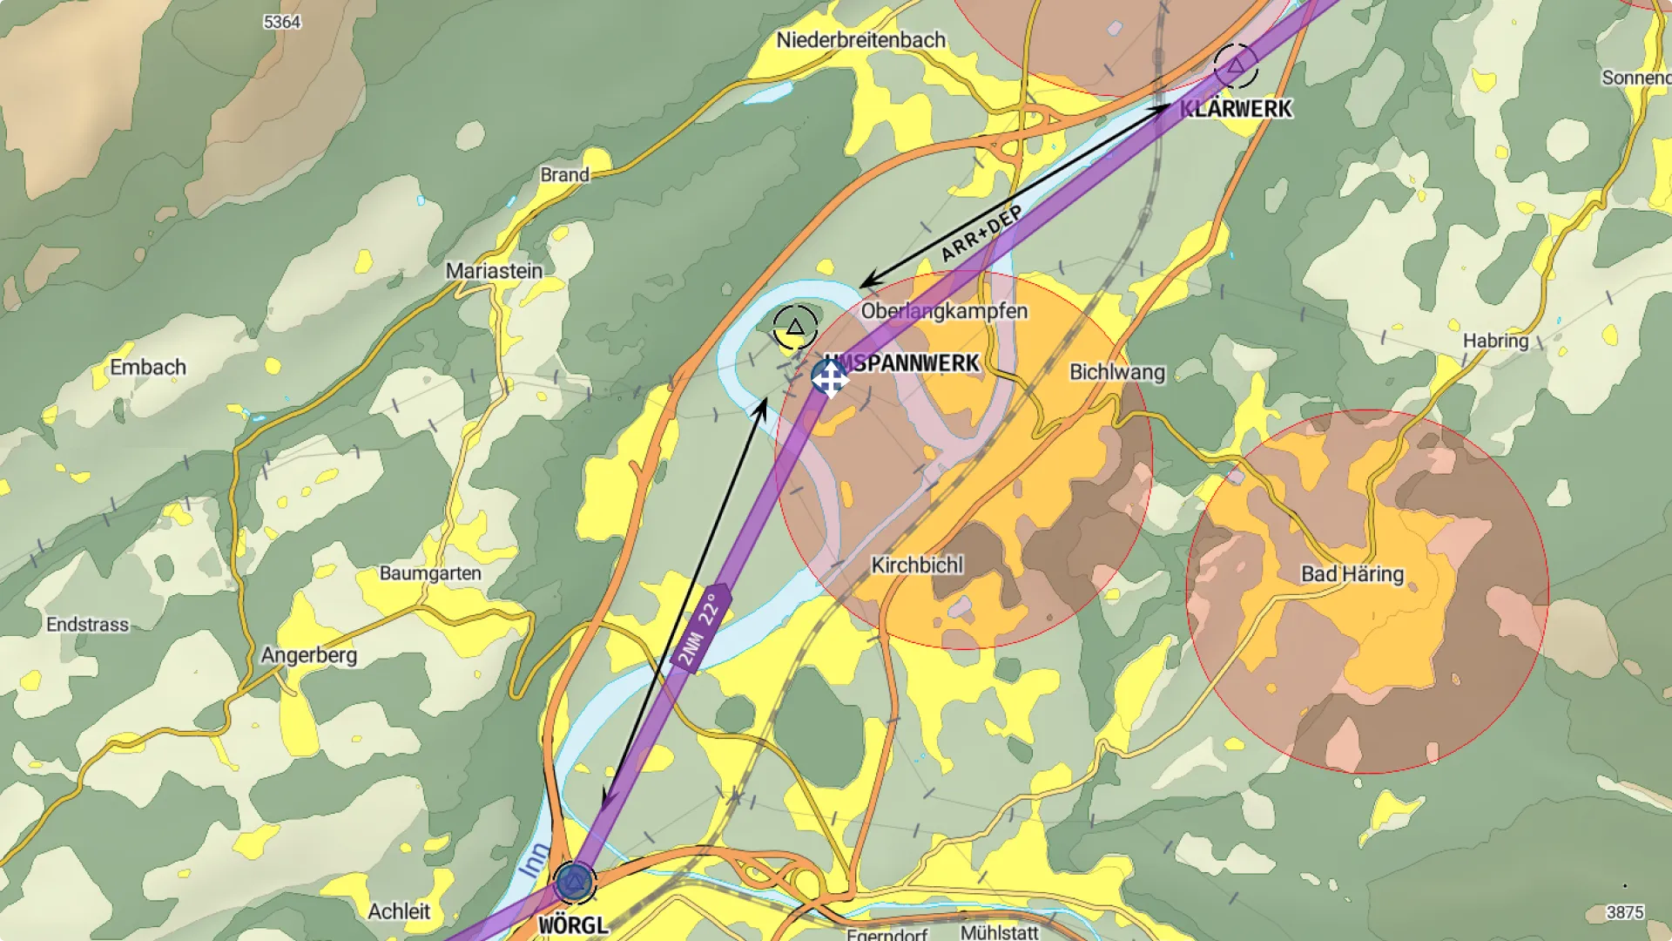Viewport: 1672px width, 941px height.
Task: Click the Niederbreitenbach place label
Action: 860,40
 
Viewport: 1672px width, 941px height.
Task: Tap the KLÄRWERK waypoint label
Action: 1236,109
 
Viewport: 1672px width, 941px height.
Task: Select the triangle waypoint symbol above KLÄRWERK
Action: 1235,65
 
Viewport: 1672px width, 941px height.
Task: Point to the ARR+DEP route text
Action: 981,234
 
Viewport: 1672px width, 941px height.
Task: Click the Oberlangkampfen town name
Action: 944,311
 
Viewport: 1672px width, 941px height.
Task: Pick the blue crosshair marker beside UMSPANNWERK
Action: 829,378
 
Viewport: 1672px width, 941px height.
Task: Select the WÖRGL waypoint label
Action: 573,925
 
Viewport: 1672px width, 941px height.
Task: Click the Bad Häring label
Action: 1352,574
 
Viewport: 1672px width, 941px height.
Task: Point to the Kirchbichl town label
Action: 917,565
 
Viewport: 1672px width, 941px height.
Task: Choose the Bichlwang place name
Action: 1116,372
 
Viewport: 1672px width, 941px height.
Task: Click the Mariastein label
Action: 494,271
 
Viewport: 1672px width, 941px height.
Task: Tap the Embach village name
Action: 148,367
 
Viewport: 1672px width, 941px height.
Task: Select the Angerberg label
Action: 309,654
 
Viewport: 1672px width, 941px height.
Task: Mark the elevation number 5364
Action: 282,22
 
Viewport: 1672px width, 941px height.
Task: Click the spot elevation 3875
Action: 1624,912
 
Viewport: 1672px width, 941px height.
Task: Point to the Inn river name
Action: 535,859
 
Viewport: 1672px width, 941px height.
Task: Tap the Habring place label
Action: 1495,341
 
